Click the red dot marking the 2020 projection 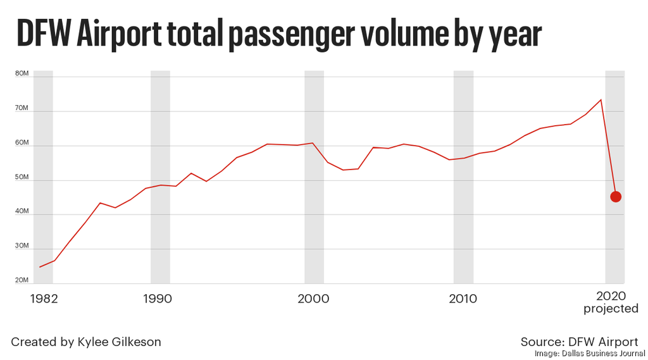(615, 197)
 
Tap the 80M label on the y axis (22, 74)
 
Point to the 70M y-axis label (22, 109)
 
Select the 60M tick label (22, 143)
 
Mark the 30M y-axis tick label (22, 246)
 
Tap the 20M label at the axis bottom (22, 280)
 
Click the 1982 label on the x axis (44, 298)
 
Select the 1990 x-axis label (157, 298)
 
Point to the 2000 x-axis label (313, 298)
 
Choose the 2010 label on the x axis (463, 298)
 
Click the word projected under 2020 (611, 309)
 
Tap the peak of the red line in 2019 (601, 99)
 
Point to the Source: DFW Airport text (579, 342)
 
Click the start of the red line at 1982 (40, 267)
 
